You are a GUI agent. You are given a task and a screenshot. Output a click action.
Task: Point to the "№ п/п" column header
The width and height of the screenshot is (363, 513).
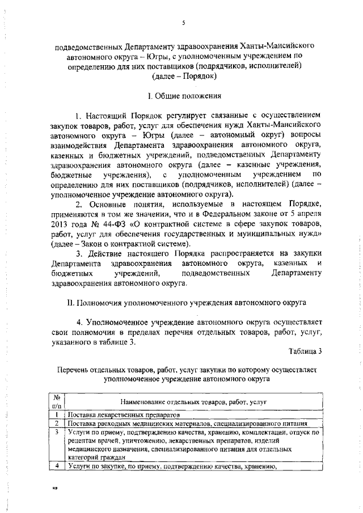56,402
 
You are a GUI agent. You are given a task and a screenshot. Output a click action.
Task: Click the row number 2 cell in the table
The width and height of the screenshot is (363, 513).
56,423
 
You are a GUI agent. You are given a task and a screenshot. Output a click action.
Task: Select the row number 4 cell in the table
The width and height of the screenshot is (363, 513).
56,467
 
